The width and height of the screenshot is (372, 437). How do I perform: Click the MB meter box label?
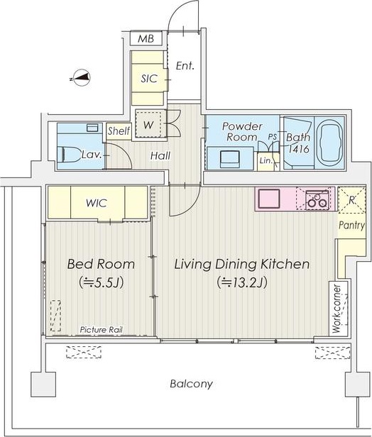[x=146, y=38]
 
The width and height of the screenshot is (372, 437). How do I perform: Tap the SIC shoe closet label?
[x=149, y=79]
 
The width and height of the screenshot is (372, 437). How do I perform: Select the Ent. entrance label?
[x=185, y=66]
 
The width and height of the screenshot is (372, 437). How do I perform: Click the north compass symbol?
[x=80, y=77]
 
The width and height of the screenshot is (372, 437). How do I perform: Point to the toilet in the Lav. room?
[x=68, y=155]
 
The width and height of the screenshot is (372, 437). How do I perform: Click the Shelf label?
[x=119, y=131]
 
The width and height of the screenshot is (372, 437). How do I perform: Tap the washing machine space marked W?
[x=148, y=124]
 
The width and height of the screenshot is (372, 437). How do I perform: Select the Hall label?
[x=160, y=155]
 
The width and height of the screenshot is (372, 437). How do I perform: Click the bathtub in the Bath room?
[x=331, y=143]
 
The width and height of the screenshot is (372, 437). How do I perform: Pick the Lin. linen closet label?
[x=266, y=161]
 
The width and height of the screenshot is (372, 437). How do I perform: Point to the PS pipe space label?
[x=273, y=137]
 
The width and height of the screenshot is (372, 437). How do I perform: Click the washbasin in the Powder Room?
[x=230, y=159]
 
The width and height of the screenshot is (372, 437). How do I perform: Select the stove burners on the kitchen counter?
[x=317, y=199]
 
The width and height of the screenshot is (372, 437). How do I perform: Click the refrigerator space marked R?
[x=352, y=200]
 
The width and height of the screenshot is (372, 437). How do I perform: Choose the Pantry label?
[x=352, y=225]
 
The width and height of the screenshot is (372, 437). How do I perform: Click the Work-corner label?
[x=337, y=309]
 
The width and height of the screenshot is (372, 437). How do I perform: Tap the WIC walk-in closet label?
[x=97, y=203]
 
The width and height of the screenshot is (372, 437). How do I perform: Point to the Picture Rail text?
[x=102, y=330]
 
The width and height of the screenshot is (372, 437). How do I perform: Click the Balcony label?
[x=191, y=384]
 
